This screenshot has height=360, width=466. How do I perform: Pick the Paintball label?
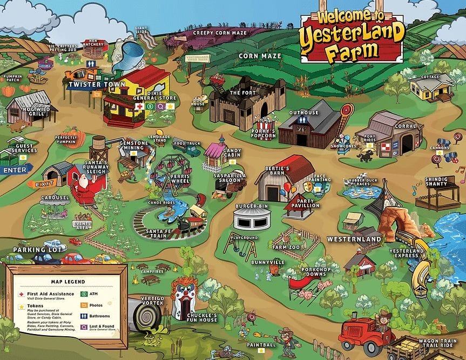(261, 344)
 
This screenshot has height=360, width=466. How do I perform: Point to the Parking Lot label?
(32, 250)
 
